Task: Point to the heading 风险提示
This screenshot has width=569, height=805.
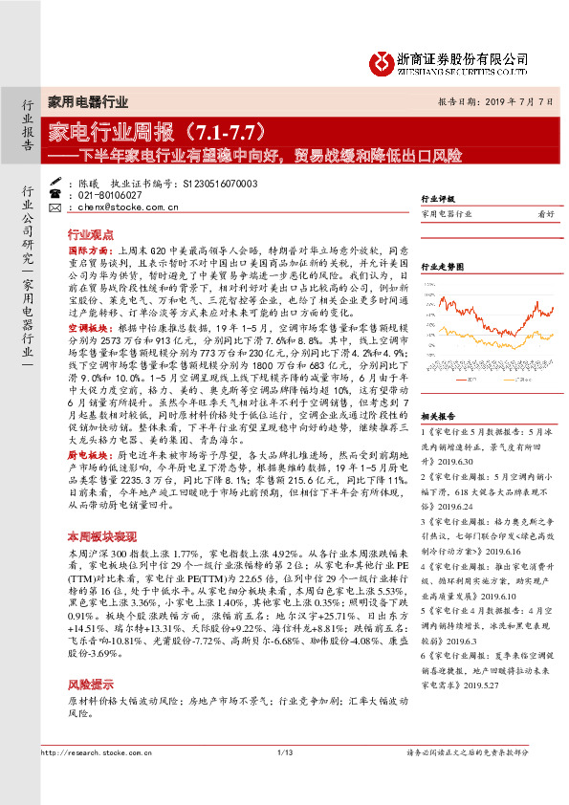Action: click(x=91, y=685)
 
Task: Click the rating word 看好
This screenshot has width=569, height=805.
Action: click(x=546, y=215)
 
